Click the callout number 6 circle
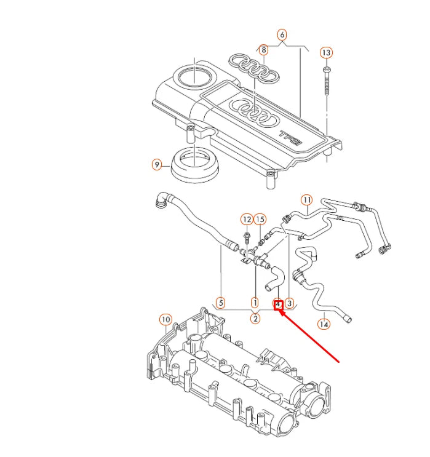tap(282, 34)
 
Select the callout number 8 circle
tap(263, 49)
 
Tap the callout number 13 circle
tap(326, 53)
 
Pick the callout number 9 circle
tap(157, 165)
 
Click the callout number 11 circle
tap(306, 200)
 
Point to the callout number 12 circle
tap(246, 220)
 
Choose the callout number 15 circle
tap(260, 220)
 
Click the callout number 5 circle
tap(221, 303)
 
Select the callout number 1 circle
tap(255, 303)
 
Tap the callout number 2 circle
tap(255, 318)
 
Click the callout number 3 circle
tap(290, 303)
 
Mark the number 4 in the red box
tap(278, 304)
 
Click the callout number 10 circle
tap(165, 319)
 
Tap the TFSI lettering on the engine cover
tap(290, 137)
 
